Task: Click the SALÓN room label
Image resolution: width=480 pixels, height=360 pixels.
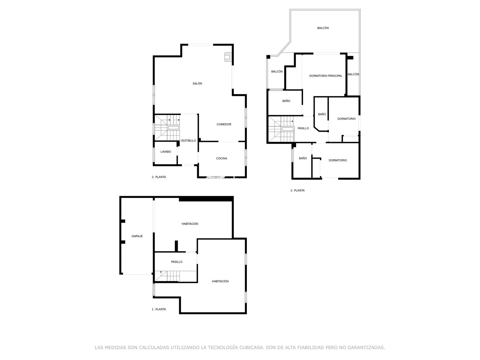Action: click(197, 83)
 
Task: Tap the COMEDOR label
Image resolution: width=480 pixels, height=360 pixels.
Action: click(224, 124)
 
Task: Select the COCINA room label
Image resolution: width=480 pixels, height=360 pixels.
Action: click(221, 158)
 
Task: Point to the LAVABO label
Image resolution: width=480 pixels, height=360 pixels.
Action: click(166, 152)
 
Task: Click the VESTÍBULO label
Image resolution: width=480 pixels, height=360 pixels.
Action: click(188, 140)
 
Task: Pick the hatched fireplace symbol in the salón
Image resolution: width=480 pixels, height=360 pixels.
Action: click(228, 57)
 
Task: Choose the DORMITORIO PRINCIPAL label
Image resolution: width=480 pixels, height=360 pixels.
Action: click(326, 76)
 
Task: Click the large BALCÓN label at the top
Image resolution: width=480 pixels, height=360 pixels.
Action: click(323, 28)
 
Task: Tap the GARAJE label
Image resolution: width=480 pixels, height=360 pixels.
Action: click(137, 236)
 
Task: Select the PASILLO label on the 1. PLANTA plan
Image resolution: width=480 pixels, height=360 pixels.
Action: click(177, 262)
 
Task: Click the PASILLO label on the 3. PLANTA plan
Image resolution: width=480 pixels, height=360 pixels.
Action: click(303, 128)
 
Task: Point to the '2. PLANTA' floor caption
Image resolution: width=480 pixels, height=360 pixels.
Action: click(159, 177)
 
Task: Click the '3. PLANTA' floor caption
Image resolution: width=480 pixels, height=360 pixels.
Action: click(297, 190)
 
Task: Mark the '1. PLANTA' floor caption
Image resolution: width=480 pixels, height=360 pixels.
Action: click(159, 309)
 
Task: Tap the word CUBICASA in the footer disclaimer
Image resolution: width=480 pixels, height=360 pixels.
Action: click(251, 347)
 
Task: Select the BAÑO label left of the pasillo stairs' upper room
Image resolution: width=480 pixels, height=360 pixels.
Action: click(286, 101)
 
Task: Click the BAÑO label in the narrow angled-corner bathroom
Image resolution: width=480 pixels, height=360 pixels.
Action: click(322, 114)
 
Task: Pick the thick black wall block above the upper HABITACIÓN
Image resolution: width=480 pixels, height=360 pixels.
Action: click(205, 199)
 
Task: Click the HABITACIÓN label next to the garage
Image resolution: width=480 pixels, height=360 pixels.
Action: click(190, 224)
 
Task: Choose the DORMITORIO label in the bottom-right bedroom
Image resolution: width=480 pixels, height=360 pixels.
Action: click(337, 160)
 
